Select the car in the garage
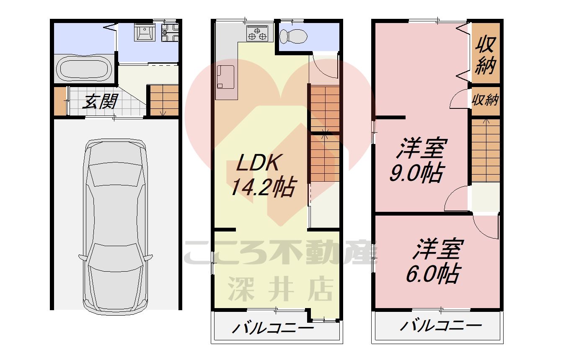[x=115, y=226]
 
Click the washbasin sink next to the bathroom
[x=145, y=32]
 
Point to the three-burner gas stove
[x=257, y=33]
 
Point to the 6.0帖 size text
[x=432, y=274]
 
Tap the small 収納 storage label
[x=485, y=100]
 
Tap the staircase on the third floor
[x=485, y=151]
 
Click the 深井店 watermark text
[x=281, y=289]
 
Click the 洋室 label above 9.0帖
[x=421, y=149]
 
